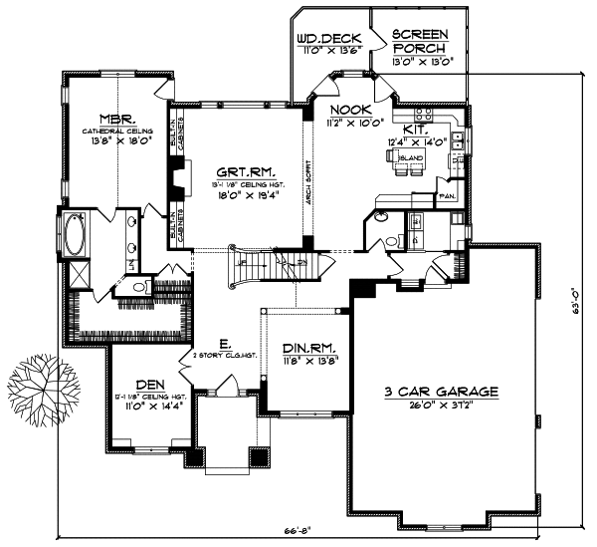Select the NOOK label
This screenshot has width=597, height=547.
point(348,112)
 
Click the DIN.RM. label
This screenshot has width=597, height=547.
point(308,348)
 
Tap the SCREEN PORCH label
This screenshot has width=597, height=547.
point(420,41)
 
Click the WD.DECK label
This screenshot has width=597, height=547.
point(327,41)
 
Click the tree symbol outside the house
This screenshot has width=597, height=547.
point(37,388)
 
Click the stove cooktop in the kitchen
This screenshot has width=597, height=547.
point(424,116)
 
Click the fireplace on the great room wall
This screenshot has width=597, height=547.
point(174,180)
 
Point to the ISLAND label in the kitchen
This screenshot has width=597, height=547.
point(406,156)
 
